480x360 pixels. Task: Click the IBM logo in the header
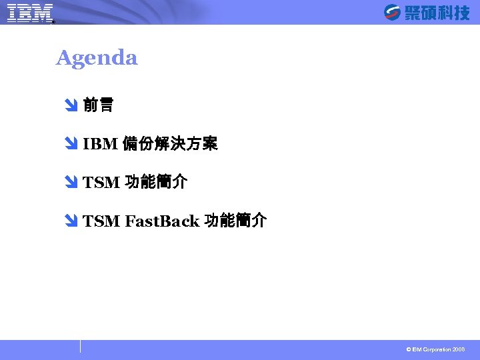(x=30, y=13)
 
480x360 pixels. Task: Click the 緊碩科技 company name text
(x=437, y=13)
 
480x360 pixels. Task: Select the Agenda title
(x=97, y=58)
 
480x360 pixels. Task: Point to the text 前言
(x=98, y=105)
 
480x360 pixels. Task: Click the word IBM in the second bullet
(x=101, y=144)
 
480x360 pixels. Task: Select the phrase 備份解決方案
(x=171, y=144)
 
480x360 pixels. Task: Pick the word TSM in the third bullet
(x=101, y=183)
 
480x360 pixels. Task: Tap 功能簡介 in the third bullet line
(x=156, y=183)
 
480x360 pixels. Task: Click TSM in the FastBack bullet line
(x=101, y=221)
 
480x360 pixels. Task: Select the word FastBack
(x=162, y=221)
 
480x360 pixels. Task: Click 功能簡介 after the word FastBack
(x=236, y=221)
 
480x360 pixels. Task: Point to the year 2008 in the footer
(x=459, y=349)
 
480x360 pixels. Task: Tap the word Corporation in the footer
(x=437, y=349)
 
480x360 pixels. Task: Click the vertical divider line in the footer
(x=81, y=346)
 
